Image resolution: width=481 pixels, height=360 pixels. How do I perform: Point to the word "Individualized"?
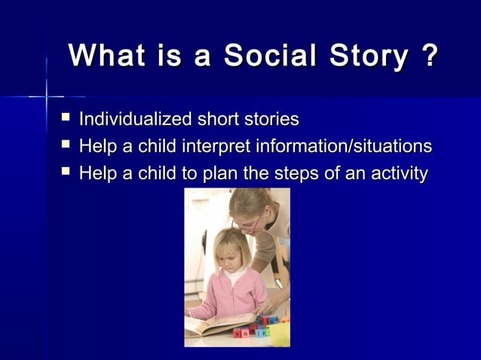pos(135,119)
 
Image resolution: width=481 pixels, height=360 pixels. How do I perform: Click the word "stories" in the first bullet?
pos(269,119)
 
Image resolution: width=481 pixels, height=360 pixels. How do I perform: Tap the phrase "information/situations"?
pos(345,146)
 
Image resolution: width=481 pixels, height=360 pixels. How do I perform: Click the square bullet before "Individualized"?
pos(66,118)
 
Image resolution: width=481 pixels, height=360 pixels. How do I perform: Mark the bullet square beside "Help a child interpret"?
pos(66,145)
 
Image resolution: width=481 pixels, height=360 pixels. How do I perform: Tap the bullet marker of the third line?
pos(66,173)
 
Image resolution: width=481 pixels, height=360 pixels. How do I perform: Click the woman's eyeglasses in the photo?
pos(253,224)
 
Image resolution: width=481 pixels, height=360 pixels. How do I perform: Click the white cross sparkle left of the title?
pos(46,96)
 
